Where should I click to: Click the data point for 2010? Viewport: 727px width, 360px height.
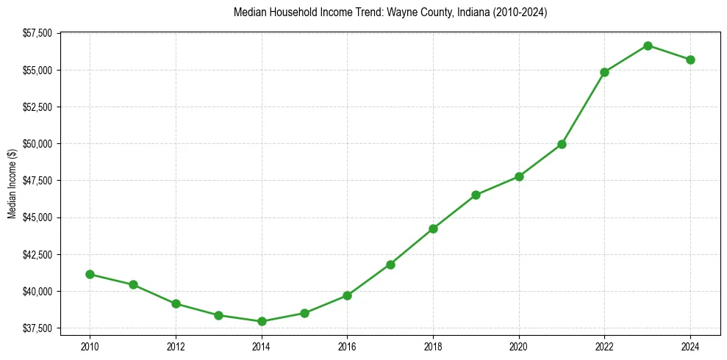coord(90,274)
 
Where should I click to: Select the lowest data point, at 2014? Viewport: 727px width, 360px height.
coord(262,321)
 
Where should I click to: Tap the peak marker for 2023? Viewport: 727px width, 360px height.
coord(648,46)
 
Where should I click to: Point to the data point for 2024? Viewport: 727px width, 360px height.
coord(690,60)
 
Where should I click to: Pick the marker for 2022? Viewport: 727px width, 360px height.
coord(604,72)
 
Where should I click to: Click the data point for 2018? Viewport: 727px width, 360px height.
coord(433,228)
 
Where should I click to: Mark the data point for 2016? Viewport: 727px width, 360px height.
coord(347,295)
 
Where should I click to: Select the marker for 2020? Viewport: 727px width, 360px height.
coord(519,176)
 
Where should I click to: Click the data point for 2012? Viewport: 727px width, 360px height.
coord(176,303)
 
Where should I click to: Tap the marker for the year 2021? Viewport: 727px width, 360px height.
coord(562,144)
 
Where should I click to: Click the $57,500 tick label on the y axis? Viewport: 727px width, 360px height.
coord(37,33)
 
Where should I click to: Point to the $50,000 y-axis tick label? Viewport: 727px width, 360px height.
coord(37,144)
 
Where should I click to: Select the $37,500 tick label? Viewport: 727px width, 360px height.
coord(37,328)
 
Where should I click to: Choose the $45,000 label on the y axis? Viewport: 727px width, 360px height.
coord(37,217)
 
